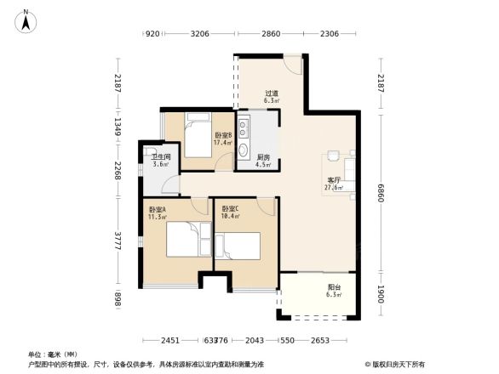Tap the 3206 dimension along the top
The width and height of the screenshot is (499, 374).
pyautogui.click(x=200, y=34)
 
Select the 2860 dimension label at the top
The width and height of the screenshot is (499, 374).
pyautogui.click(x=270, y=34)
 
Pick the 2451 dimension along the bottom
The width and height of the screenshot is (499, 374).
pyautogui.click(x=170, y=340)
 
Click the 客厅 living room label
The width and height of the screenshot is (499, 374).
pyautogui.click(x=335, y=184)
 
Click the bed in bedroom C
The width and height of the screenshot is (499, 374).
pyautogui.click(x=238, y=245)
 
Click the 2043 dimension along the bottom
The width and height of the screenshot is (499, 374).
pyautogui.click(x=254, y=340)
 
